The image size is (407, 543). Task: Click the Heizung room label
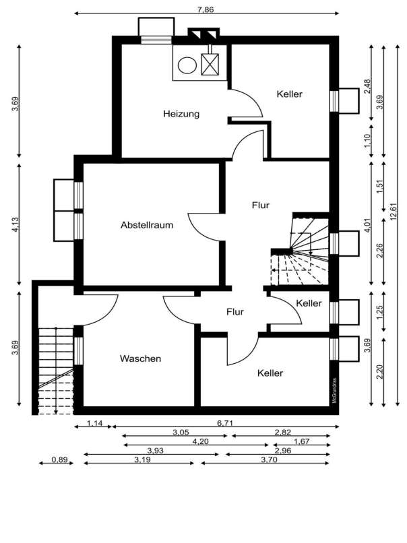pos(181,114)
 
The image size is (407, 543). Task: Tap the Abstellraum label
pos(147,225)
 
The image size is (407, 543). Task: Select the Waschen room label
pos(140,358)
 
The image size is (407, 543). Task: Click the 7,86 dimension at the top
pos(206,9)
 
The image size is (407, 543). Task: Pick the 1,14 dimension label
pos(94,423)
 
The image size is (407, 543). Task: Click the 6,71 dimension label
pos(225,423)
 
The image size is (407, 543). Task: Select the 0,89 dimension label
pos(60,459)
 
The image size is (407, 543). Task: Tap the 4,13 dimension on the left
pos(15,224)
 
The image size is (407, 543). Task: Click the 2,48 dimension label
pos(367,87)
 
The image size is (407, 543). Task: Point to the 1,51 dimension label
pos(380,187)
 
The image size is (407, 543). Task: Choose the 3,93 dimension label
pos(155,451)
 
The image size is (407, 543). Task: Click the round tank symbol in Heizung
pos(187,65)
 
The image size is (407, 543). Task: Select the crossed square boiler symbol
pos(210,65)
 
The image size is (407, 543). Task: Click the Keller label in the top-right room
pos(290,94)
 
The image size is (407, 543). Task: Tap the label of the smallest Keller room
pos(309,303)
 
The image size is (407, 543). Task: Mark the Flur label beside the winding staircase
pos(261,205)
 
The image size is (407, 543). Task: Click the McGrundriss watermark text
pos(335,389)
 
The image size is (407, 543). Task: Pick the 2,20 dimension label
pos(380,372)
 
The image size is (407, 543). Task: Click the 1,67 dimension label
pos(301,441)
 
